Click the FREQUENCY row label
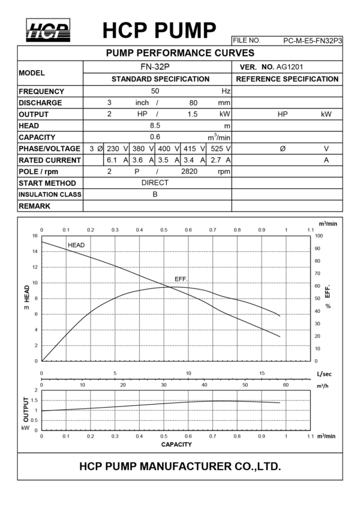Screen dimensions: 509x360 [x=41, y=92]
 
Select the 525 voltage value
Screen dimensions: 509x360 [x=217, y=149]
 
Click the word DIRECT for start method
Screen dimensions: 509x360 [x=155, y=183]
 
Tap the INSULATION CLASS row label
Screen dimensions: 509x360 [x=50, y=195]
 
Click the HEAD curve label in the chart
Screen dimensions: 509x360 [x=76, y=245]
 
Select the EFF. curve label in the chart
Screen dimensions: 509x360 [x=181, y=279]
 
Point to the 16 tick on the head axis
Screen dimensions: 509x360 [x=35, y=236]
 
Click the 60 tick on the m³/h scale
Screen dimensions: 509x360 [x=286, y=385]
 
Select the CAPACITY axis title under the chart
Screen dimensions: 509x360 [x=176, y=444]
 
